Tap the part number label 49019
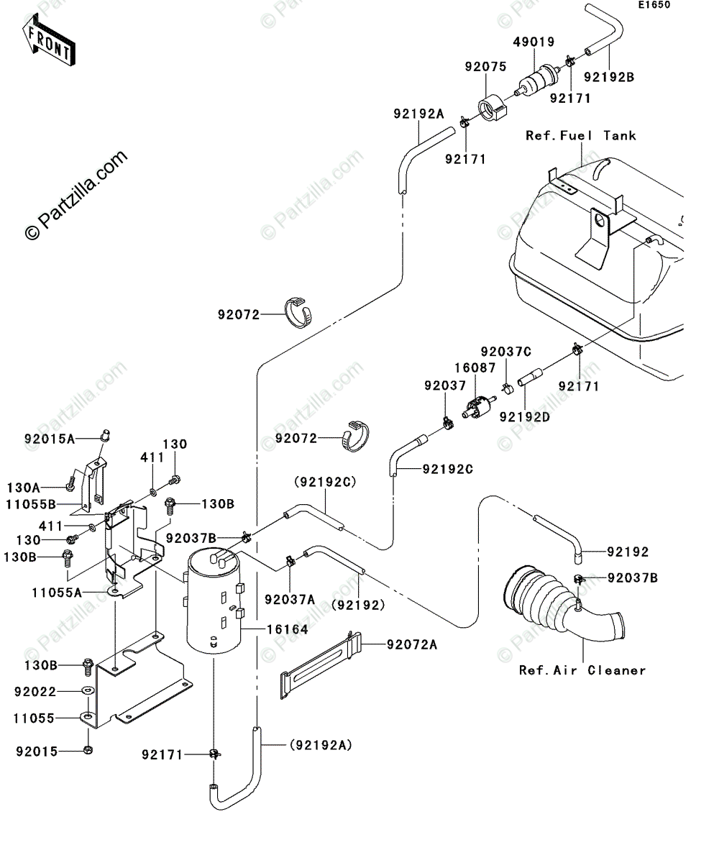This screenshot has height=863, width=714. coord(534,42)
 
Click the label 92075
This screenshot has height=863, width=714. coord(485,67)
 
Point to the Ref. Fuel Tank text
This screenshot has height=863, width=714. coord(580,135)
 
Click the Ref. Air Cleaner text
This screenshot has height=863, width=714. coord(582,670)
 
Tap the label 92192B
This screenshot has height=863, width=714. coord(608,76)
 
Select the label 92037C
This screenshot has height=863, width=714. coord(506,352)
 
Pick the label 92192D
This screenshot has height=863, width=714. coord(525,416)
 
